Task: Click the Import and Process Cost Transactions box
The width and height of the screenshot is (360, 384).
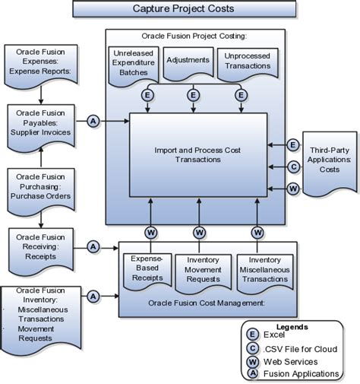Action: tap(197, 155)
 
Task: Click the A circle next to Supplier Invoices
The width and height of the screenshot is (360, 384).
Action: tap(92, 121)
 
